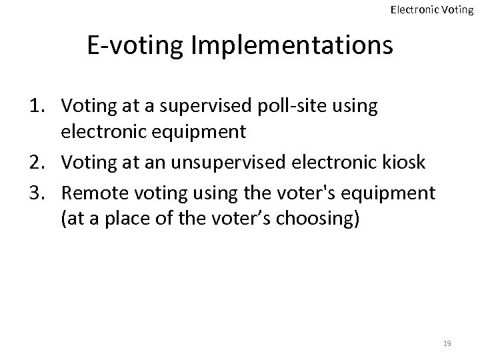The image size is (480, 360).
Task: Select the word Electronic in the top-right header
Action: coord(414,9)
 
